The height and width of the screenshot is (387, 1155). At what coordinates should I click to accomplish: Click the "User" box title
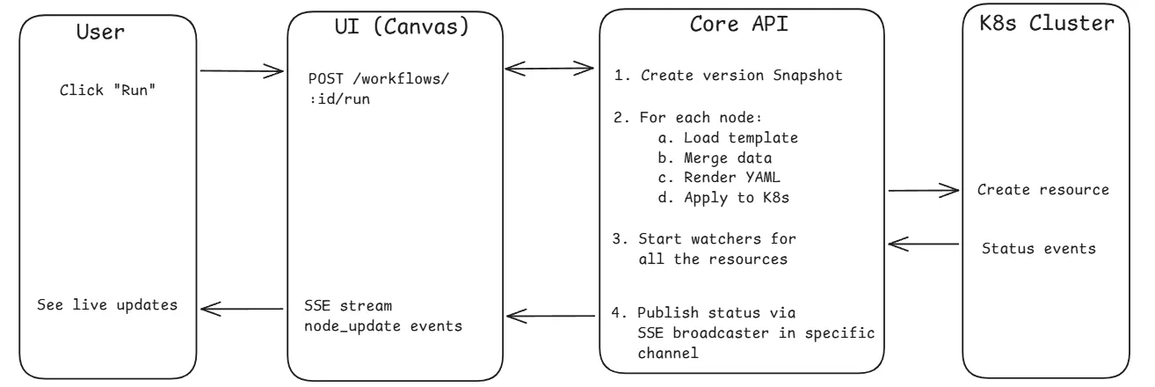[x=100, y=33]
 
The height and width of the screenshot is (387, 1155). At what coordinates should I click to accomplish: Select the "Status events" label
[x=1039, y=249]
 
